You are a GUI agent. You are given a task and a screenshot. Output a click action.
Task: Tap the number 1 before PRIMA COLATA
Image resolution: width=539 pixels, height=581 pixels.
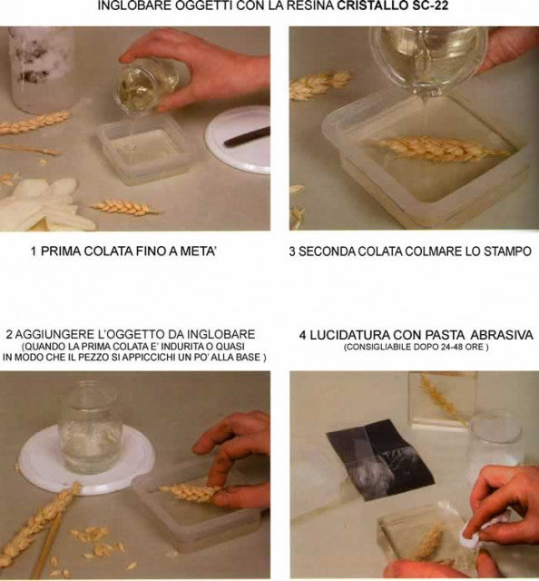(x=34, y=251)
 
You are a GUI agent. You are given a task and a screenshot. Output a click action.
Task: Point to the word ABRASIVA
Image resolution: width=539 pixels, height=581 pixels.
(x=498, y=335)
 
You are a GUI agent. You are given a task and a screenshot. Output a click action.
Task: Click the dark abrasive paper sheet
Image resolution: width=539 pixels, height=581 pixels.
(x=368, y=459)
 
